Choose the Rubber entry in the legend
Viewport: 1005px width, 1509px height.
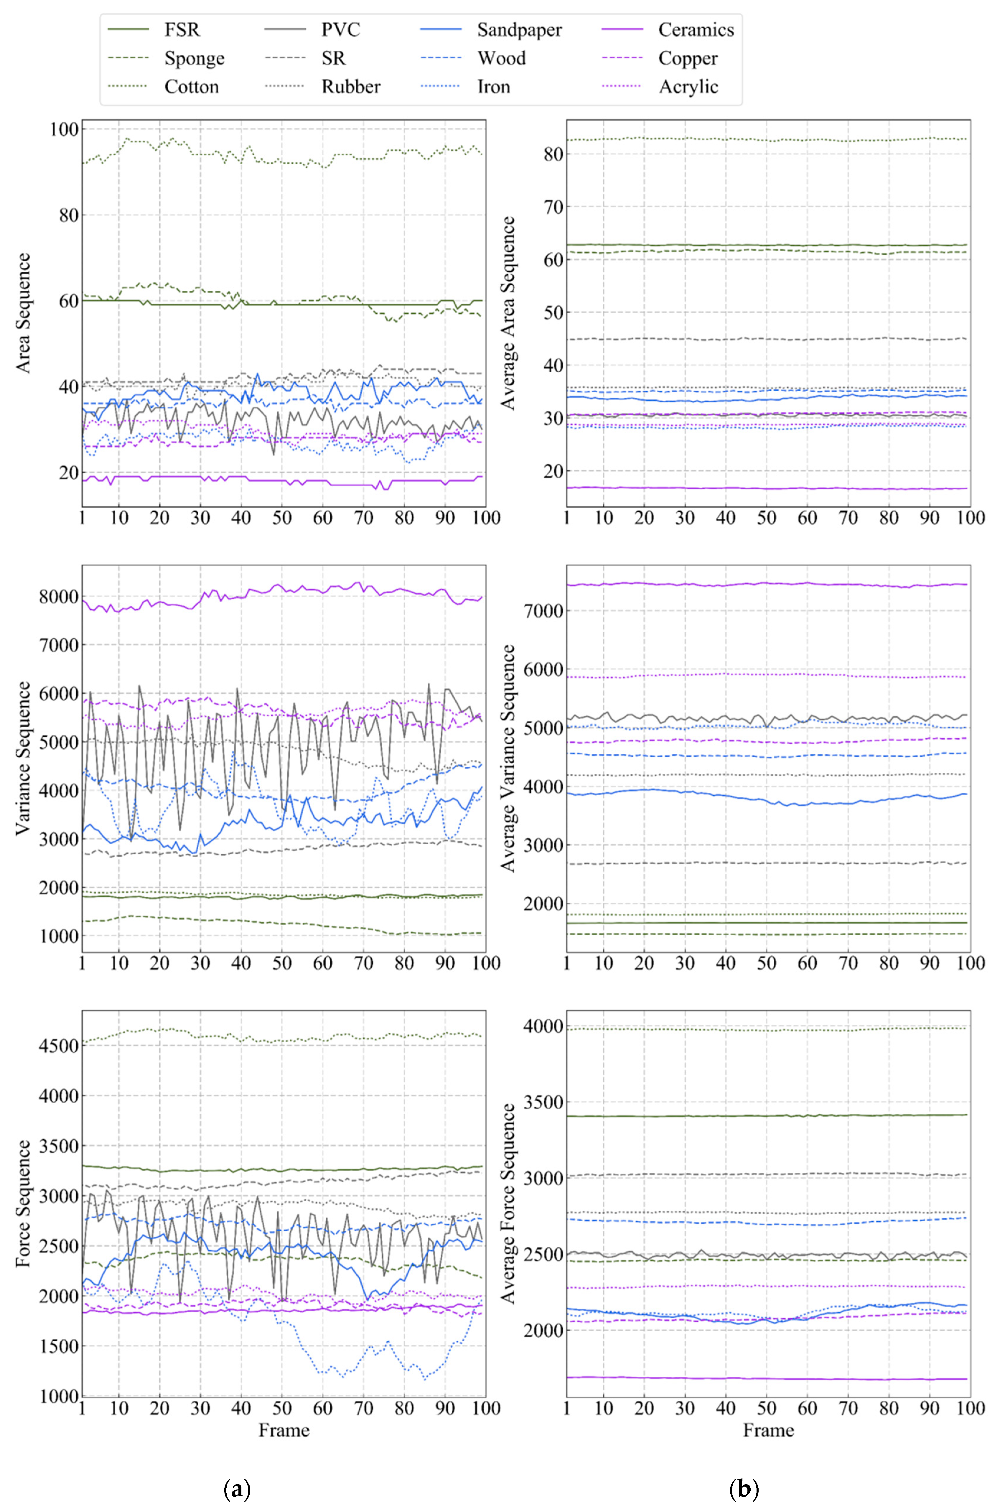[351, 87]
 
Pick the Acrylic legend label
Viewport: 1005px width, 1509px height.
[688, 87]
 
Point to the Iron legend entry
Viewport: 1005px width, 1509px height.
[494, 87]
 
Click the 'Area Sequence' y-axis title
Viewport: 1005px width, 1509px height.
[23, 313]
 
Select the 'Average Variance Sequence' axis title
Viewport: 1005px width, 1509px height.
[508, 758]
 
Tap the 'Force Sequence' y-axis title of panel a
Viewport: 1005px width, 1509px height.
[23, 1203]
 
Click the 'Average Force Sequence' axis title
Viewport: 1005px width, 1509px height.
[508, 1203]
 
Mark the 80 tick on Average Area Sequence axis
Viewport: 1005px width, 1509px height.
[553, 154]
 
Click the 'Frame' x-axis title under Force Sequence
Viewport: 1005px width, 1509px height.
[284, 1431]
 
